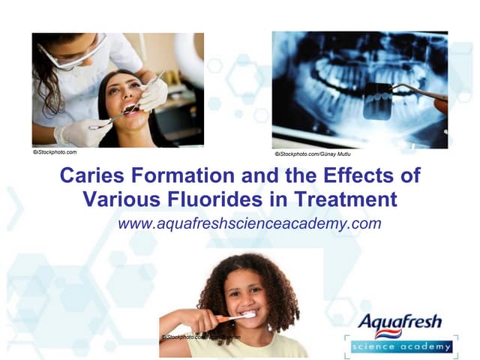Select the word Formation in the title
coord(171,176)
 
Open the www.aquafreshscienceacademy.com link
coord(249,223)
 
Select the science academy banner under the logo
coord(400,346)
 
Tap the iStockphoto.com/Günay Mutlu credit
coord(313,154)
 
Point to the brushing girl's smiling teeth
coord(248,313)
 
